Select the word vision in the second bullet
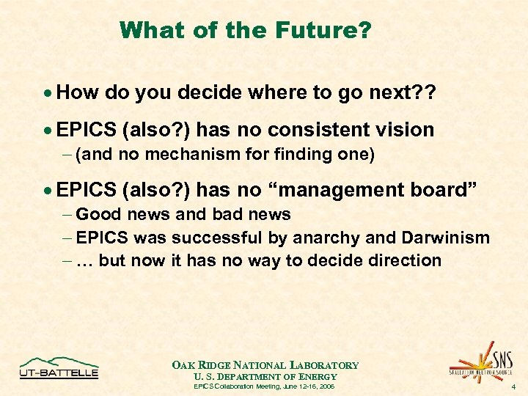(403, 130)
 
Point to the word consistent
(316, 130)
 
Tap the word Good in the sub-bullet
(95, 214)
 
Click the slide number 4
(513, 386)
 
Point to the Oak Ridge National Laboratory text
(265, 365)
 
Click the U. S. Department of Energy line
(265, 376)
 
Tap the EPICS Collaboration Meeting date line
(265, 386)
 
